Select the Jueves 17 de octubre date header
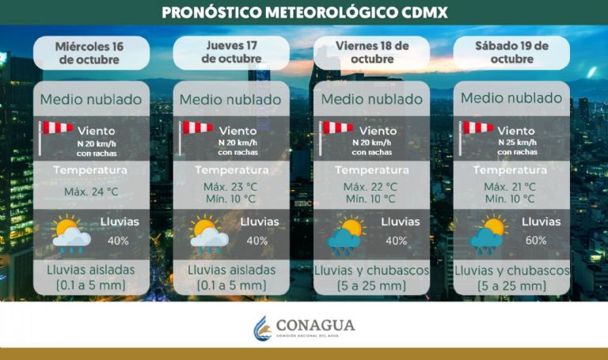[x=230, y=51]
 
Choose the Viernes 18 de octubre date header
[x=370, y=52]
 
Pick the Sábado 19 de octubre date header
[x=511, y=52]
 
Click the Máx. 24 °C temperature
[x=90, y=191]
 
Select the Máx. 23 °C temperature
[x=230, y=187]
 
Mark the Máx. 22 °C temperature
[x=371, y=186]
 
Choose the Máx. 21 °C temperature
[x=512, y=186]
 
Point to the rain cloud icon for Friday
[x=347, y=237]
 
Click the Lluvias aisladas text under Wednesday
[x=90, y=270]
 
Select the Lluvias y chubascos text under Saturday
[x=512, y=270]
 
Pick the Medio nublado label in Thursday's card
[x=230, y=100]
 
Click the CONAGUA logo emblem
[x=262, y=328]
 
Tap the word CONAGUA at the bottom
[x=316, y=324]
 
